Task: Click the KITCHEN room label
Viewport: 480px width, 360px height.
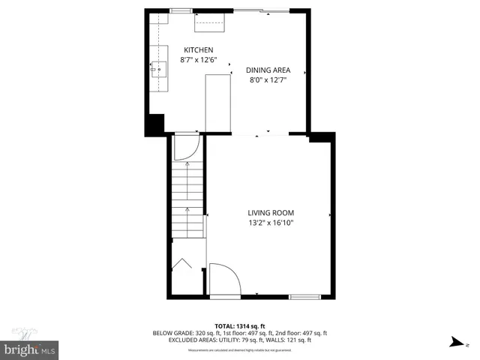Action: pos(191,49)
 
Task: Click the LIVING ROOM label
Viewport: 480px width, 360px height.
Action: pos(271,212)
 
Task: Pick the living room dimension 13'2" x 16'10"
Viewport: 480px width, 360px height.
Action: pos(271,222)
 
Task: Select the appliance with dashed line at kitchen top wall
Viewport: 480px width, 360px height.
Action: pos(211,23)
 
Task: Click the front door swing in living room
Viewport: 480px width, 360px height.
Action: pos(223,278)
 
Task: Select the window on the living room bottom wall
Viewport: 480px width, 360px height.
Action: pos(304,296)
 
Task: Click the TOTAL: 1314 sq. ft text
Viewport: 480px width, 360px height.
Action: pos(239,325)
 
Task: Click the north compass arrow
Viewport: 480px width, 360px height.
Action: pos(456,342)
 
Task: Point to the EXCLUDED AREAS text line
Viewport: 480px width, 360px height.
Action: pos(240,340)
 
